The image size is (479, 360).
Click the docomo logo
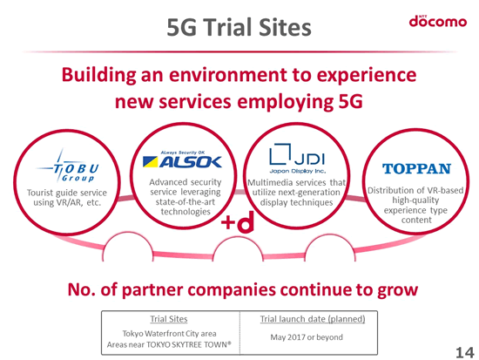[x=438, y=22]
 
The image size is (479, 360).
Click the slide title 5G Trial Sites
[x=239, y=27]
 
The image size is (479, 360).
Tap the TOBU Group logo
[x=69, y=166]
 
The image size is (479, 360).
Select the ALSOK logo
[x=182, y=160]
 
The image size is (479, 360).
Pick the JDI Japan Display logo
[x=297, y=159]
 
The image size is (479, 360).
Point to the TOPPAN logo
[x=416, y=168]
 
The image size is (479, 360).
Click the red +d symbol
[x=238, y=221]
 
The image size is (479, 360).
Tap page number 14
[x=465, y=353]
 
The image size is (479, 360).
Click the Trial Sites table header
[x=169, y=319]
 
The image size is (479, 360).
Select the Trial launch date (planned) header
[x=313, y=319]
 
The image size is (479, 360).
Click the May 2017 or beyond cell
[x=307, y=337]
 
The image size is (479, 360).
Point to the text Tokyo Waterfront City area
[x=169, y=333]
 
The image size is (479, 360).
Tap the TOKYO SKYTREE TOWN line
[x=169, y=344]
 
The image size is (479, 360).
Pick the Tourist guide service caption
[x=67, y=198]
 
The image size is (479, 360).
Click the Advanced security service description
[x=186, y=197]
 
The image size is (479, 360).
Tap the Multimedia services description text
[x=296, y=193]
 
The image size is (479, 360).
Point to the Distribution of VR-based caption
[x=415, y=205]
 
